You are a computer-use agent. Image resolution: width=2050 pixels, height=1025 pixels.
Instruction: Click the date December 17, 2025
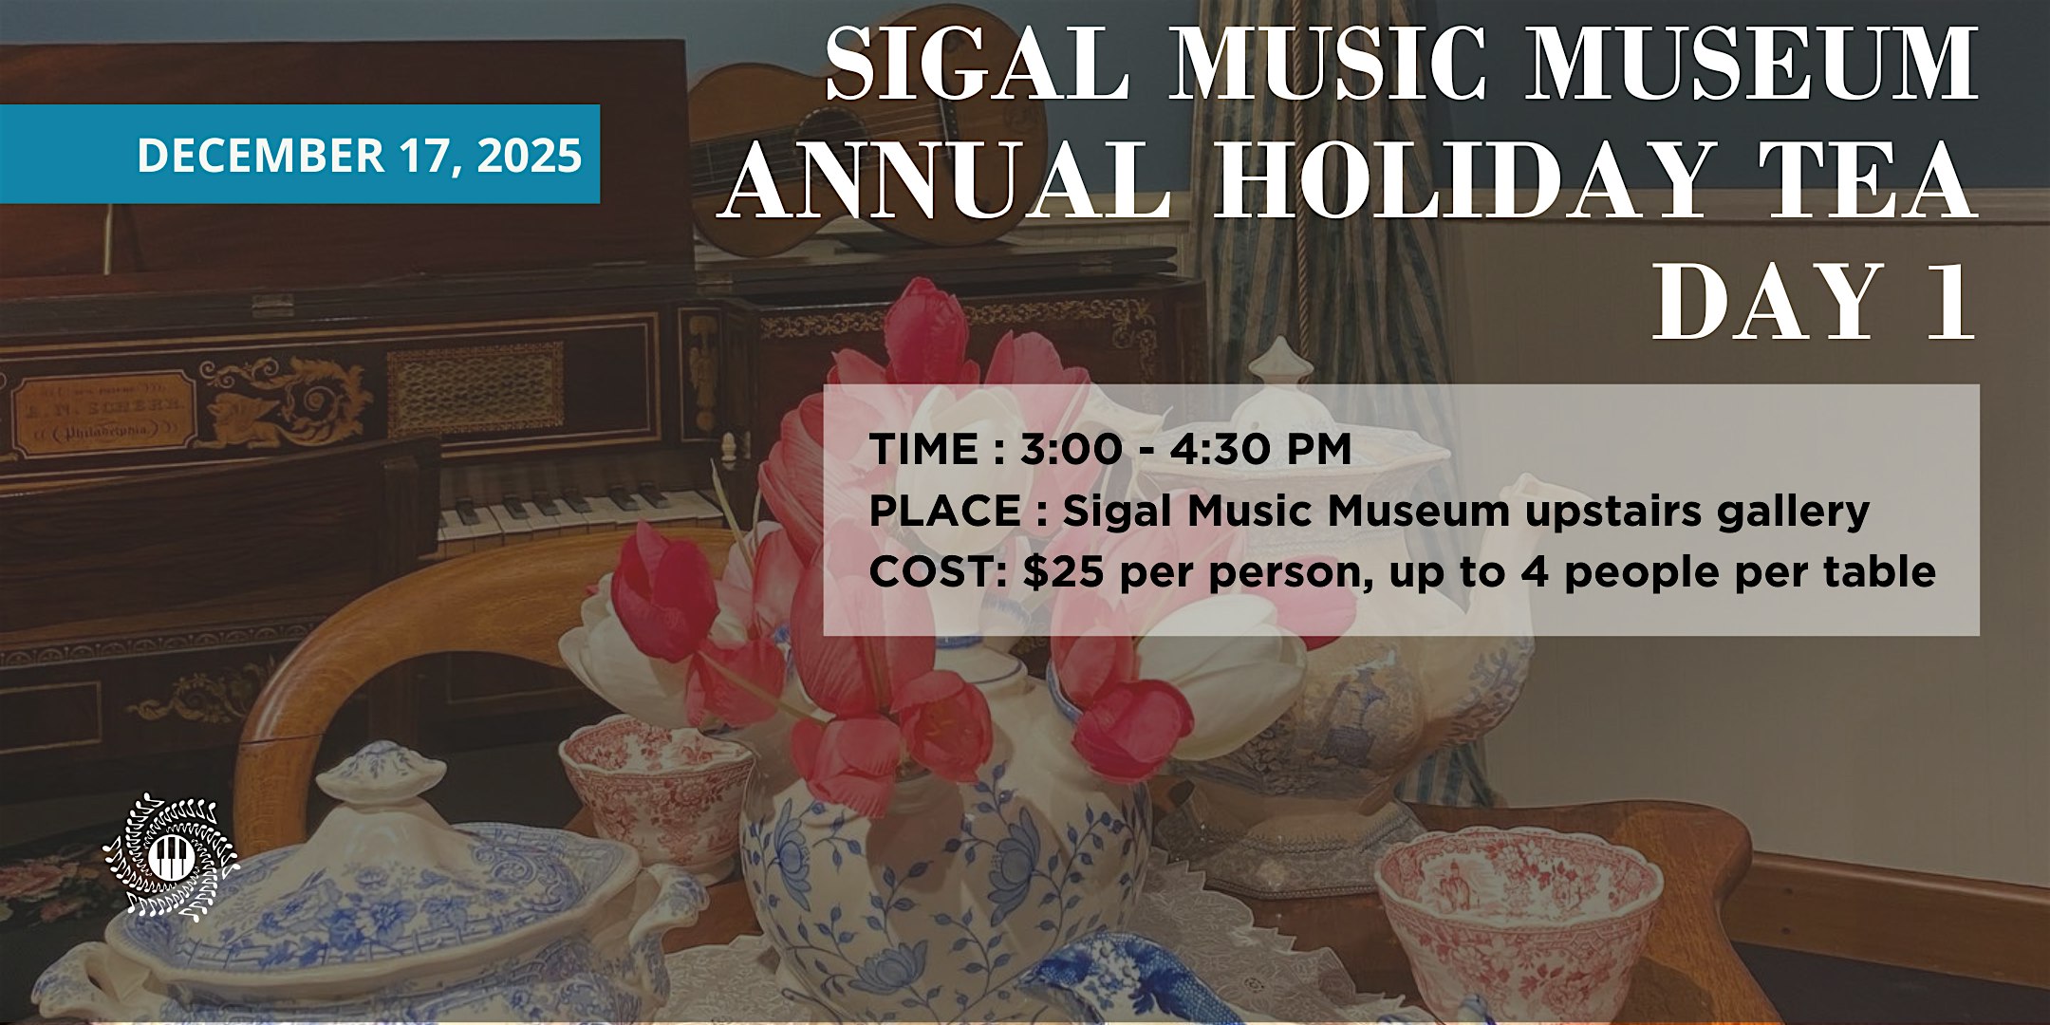click(359, 155)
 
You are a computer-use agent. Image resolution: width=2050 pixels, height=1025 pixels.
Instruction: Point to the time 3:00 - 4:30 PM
click(1186, 449)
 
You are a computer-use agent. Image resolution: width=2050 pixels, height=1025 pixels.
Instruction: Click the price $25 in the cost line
click(1068, 572)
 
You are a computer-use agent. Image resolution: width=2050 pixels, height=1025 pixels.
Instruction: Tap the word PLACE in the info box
click(944, 512)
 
